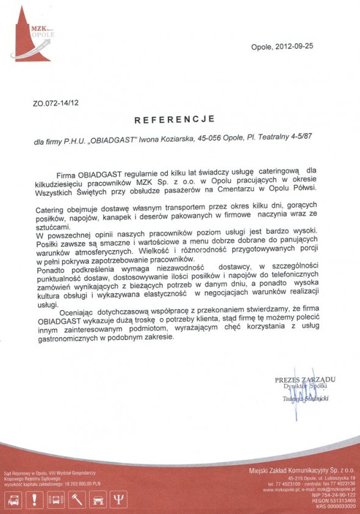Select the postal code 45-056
(x=210, y=140)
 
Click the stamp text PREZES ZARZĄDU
(x=304, y=380)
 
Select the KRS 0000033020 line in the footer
(x=334, y=506)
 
